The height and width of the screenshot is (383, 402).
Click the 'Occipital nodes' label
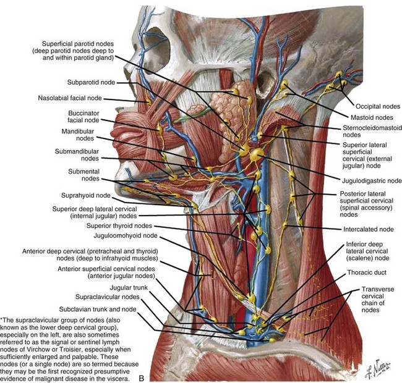373,105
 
